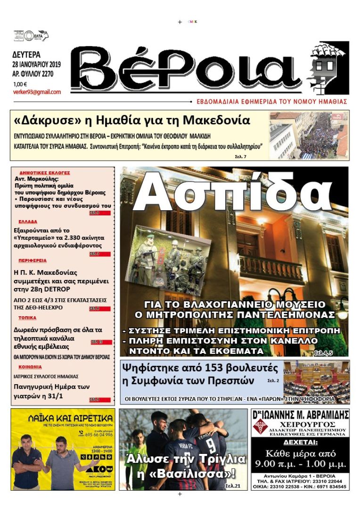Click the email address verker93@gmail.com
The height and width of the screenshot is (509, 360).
click(x=37, y=92)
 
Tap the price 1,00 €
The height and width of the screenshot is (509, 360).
click(x=20, y=84)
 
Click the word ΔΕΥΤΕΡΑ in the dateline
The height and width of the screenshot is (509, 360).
click(x=27, y=54)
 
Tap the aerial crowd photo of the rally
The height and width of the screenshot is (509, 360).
click(x=309, y=135)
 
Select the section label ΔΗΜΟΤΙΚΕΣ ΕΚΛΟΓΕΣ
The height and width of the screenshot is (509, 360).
click(x=45, y=173)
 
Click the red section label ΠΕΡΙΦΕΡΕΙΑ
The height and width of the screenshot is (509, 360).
click(x=33, y=260)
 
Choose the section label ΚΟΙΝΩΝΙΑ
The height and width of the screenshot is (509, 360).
click(x=30, y=366)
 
